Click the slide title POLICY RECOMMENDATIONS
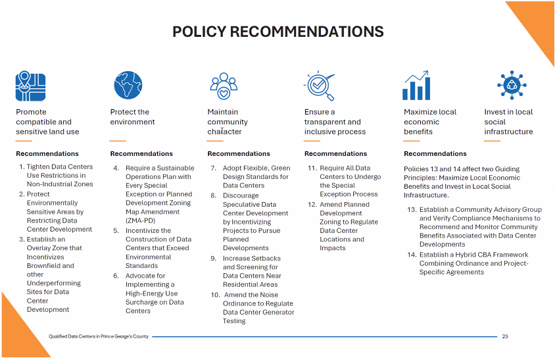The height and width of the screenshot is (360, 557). point(278,32)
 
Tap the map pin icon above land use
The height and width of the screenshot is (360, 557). point(26,86)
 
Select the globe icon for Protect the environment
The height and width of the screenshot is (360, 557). point(128,86)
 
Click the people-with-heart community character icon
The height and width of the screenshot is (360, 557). point(224,86)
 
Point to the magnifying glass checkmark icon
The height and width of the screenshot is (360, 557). point(320,86)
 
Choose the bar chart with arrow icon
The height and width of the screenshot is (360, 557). point(417,86)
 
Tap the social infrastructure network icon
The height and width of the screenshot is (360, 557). point(511,86)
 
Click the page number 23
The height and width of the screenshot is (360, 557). point(504,336)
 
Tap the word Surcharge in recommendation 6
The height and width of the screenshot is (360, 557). point(143,302)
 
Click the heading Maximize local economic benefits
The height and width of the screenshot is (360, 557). point(429,122)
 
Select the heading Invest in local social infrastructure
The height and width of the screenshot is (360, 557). point(508,122)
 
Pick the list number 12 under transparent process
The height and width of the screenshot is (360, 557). point(312,205)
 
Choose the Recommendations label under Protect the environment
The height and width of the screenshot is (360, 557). point(141,154)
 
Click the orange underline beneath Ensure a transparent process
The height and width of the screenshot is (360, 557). point(312,141)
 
